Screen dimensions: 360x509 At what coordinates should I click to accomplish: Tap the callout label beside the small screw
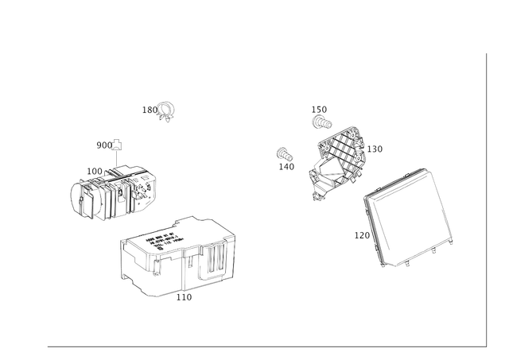point(148,109)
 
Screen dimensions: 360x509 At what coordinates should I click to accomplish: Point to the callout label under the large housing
point(186,298)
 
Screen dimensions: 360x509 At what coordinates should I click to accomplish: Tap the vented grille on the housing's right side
point(208,261)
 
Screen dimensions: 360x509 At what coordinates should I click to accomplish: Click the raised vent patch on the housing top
point(163,235)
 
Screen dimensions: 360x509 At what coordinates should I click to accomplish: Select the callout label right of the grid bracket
point(375,148)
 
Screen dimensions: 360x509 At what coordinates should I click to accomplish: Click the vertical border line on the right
point(484,199)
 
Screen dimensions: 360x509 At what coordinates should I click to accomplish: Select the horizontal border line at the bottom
point(262,346)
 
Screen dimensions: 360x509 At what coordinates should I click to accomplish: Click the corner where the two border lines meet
point(484,346)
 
